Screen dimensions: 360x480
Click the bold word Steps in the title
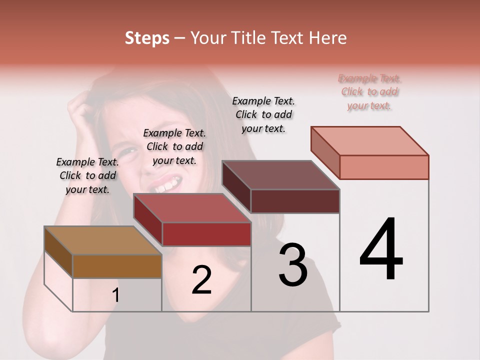[147, 38]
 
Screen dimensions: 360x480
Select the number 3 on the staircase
[293, 265]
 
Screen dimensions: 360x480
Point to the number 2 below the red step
[201, 280]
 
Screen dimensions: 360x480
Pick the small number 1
[116, 295]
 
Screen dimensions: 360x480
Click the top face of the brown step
[102, 241]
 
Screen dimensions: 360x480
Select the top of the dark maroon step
[280, 175]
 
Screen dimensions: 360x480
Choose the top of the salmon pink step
[370, 141]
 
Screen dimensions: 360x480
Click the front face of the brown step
[117, 266]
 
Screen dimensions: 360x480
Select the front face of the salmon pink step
[384, 167]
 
